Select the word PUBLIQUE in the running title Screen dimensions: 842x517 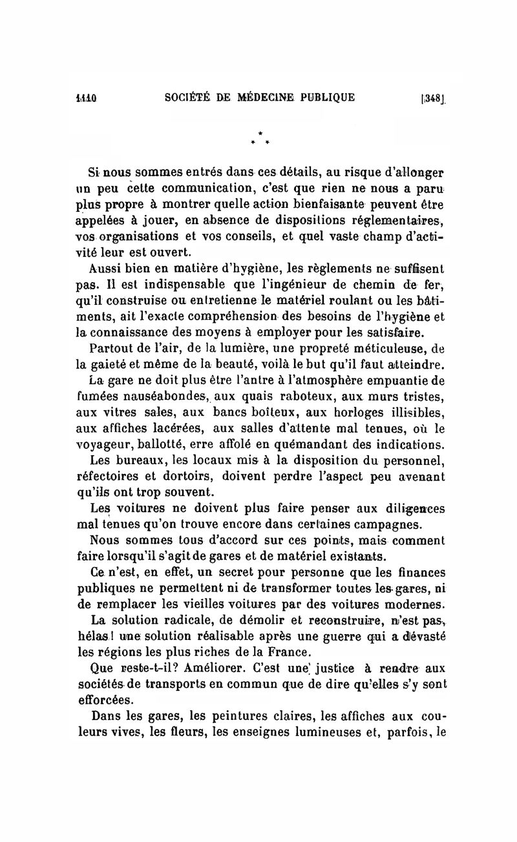(x=325, y=98)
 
